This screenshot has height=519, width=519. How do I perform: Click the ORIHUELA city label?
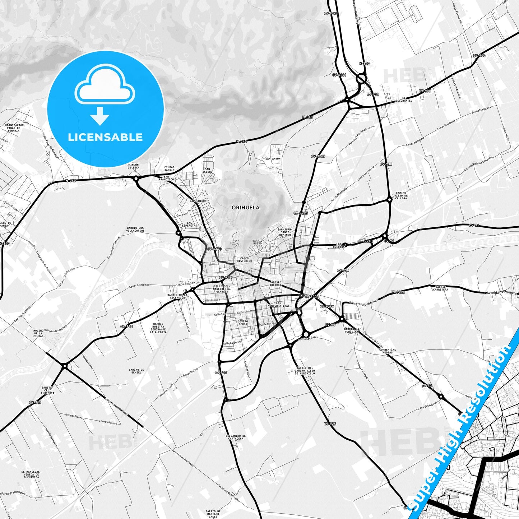245,208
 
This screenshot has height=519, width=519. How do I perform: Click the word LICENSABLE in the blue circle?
105,137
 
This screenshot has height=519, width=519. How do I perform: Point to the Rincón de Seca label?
134,166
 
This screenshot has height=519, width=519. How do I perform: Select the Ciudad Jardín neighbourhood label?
169,168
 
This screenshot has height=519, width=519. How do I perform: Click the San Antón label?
273,158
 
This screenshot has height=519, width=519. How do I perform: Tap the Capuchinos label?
198,201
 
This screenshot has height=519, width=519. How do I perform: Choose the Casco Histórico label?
244,259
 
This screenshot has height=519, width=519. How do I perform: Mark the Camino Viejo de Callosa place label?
401,196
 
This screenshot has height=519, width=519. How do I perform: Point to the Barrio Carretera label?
440,288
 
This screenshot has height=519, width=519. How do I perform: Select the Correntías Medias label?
387,351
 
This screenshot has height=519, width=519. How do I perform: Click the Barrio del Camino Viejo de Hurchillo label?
305,371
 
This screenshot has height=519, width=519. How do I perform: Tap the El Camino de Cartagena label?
236,437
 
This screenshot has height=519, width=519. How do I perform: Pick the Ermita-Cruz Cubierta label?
47,390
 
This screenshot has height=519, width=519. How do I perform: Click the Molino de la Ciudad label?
38,333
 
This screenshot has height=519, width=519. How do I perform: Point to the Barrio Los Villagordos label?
135,229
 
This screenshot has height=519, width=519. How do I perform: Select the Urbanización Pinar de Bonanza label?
14,128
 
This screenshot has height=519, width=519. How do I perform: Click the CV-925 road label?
330,424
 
